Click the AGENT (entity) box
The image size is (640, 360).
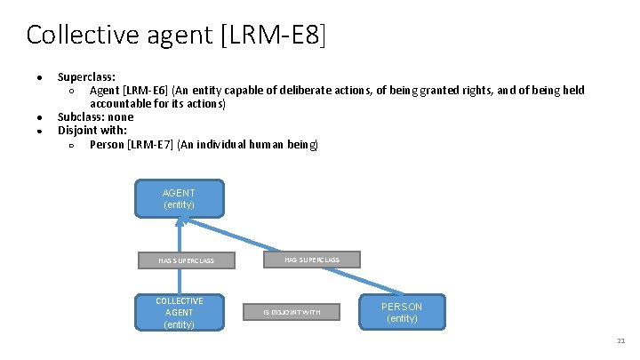pos(179,199)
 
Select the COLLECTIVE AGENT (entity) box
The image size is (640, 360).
pos(179,312)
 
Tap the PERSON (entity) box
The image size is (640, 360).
pos(402,312)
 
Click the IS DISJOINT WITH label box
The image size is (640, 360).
pos(291,312)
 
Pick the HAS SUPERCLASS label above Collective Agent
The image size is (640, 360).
pos(186,260)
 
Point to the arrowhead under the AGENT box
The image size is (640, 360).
pos(179,222)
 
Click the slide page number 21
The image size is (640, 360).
pos(620,341)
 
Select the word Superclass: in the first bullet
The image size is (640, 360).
pos(86,76)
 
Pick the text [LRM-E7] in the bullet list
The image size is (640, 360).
pos(150,144)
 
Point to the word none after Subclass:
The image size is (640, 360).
pos(120,116)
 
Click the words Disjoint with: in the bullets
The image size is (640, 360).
pos(92,130)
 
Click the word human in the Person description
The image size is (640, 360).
pos(268,144)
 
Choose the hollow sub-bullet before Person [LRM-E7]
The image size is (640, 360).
pos(70,145)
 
